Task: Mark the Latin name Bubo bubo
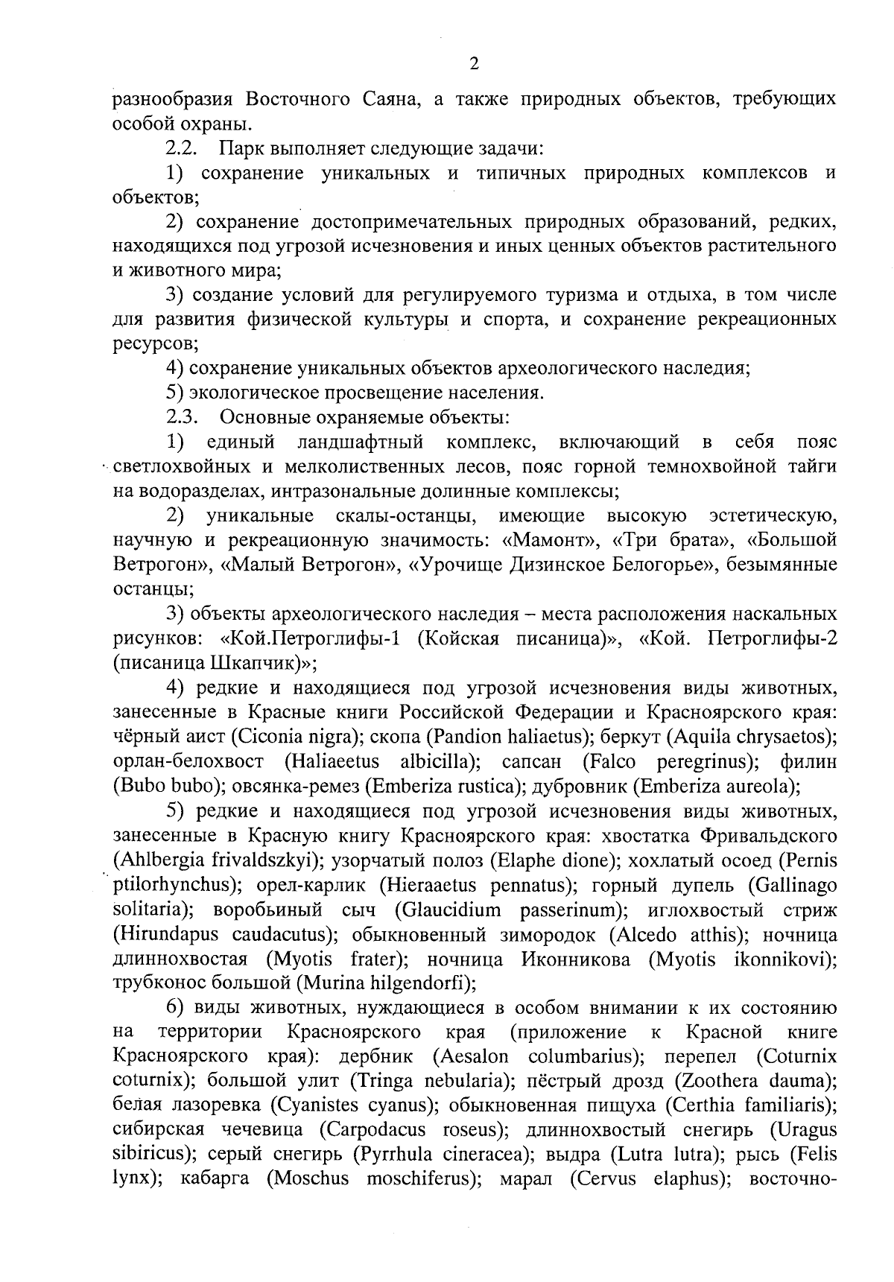pyautogui.click(x=159, y=786)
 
